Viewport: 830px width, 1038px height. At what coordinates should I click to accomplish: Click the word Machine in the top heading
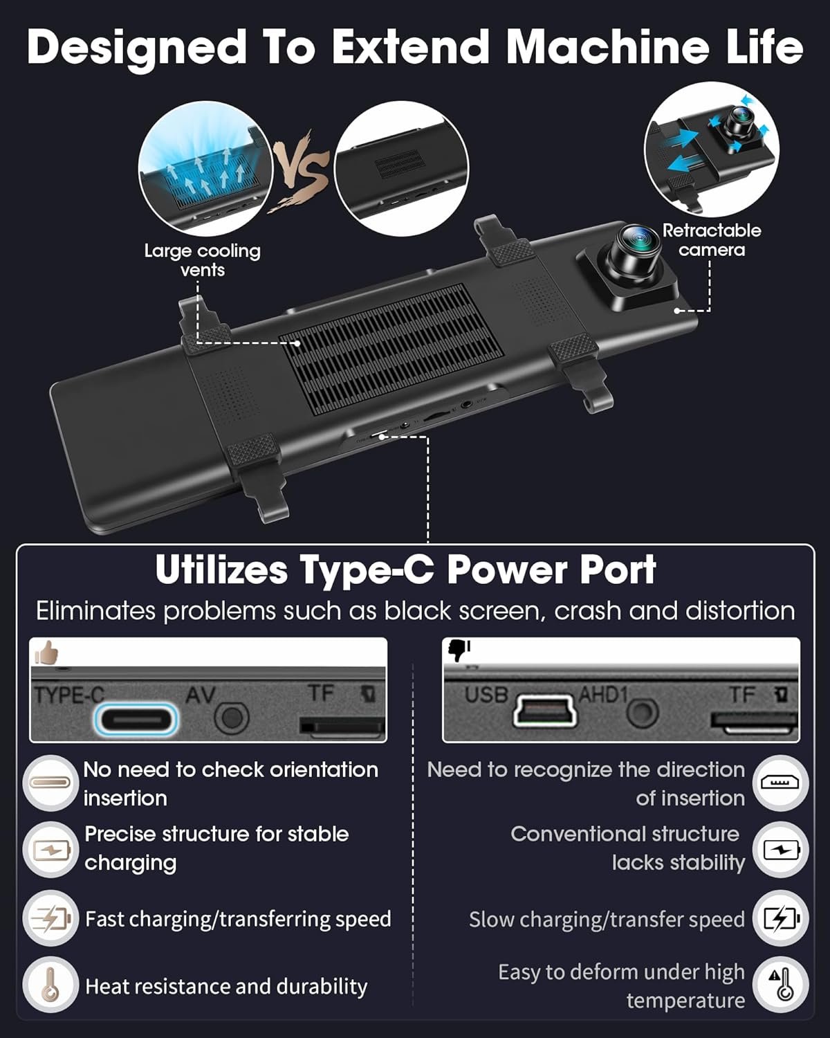(x=607, y=47)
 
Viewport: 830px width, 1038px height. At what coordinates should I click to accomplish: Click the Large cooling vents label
(x=202, y=260)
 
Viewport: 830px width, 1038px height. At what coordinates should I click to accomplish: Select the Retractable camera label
(x=711, y=239)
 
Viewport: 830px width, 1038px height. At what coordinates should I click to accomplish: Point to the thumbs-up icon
(x=46, y=653)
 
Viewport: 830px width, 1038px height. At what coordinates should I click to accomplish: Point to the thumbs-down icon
(x=459, y=650)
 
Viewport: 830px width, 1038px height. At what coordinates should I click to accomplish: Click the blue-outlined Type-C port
(x=136, y=720)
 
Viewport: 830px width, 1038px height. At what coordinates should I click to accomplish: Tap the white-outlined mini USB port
(x=544, y=711)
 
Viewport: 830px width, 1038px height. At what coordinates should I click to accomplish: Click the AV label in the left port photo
(x=201, y=695)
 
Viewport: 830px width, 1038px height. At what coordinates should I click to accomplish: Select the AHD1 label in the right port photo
(x=603, y=695)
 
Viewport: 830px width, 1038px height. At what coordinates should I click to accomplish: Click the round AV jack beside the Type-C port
(x=232, y=717)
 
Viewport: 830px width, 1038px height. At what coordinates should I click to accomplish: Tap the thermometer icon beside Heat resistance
(x=50, y=985)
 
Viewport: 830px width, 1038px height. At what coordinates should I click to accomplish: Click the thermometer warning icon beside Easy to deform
(x=780, y=985)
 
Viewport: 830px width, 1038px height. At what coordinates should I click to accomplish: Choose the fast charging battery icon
(x=50, y=918)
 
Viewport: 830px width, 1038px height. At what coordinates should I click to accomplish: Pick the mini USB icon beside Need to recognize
(x=780, y=783)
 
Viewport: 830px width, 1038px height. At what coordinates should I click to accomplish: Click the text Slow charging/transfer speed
(x=607, y=920)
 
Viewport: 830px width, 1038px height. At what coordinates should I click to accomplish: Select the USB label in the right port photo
(x=486, y=695)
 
